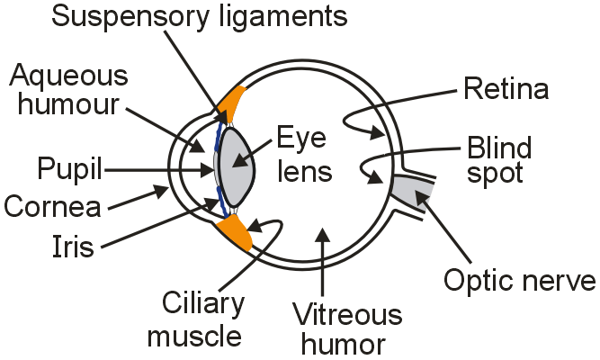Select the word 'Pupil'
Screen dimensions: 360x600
(x=68, y=167)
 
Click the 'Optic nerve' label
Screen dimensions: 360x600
(x=519, y=281)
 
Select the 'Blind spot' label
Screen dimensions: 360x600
(x=498, y=159)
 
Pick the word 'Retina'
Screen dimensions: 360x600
(x=506, y=88)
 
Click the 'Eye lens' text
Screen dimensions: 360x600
(x=301, y=155)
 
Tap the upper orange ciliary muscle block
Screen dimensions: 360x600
(x=236, y=103)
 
